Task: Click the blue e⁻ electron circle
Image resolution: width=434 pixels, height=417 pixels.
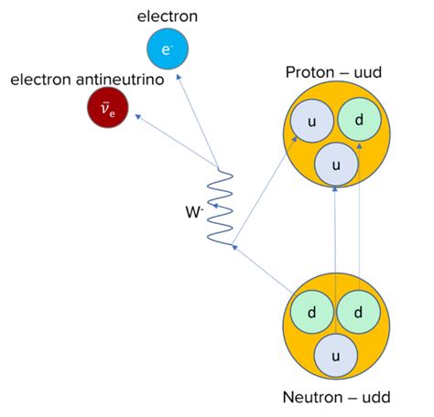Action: coord(167,49)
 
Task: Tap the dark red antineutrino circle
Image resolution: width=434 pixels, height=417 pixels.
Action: coord(108,110)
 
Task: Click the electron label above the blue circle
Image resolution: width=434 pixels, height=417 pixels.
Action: coord(167,16)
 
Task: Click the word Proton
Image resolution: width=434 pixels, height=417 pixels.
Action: coord(310,72)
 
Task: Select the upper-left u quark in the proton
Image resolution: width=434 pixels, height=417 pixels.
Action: coord(311,123)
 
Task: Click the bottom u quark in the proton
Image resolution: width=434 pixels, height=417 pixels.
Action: coord(335,165)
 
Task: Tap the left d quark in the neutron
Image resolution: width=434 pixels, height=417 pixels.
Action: coord(311,312)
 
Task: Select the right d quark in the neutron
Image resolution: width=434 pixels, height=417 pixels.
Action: coord(359,312)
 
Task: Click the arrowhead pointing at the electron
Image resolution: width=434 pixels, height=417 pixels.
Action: coord(179,79)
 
